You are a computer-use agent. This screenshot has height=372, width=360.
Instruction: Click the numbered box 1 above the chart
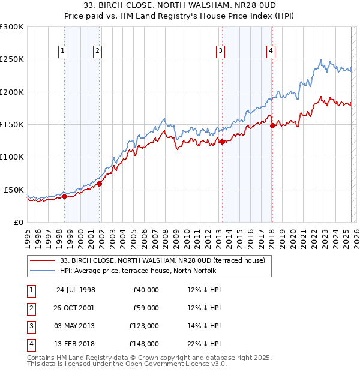(x=63, y=51)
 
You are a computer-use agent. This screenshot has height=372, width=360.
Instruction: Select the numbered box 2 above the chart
(x=97, y=51)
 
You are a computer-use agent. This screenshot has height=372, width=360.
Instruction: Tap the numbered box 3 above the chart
(x=221, y=51)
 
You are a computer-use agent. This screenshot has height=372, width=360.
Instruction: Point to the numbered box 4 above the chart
(x=271, y=51)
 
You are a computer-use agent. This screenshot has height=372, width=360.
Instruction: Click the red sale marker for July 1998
(x=64, y=196)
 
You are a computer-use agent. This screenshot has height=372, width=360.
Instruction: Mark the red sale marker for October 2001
(x=100, y=184)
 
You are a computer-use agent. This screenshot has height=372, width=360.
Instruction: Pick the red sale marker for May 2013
(x=222, y=142)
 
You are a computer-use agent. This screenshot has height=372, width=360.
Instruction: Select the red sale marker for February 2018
(x=272, y=125)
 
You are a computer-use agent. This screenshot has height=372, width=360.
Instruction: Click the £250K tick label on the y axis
(x=12, y=59)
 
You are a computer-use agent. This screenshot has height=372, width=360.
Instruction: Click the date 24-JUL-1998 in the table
(x=76, y=290)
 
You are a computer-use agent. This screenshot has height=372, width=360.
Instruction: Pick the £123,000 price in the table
(x=144, y=326)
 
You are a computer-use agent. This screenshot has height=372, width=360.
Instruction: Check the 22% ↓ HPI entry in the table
(x=204, y=344)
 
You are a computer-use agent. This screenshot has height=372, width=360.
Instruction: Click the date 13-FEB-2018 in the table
(x=76, y=344)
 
